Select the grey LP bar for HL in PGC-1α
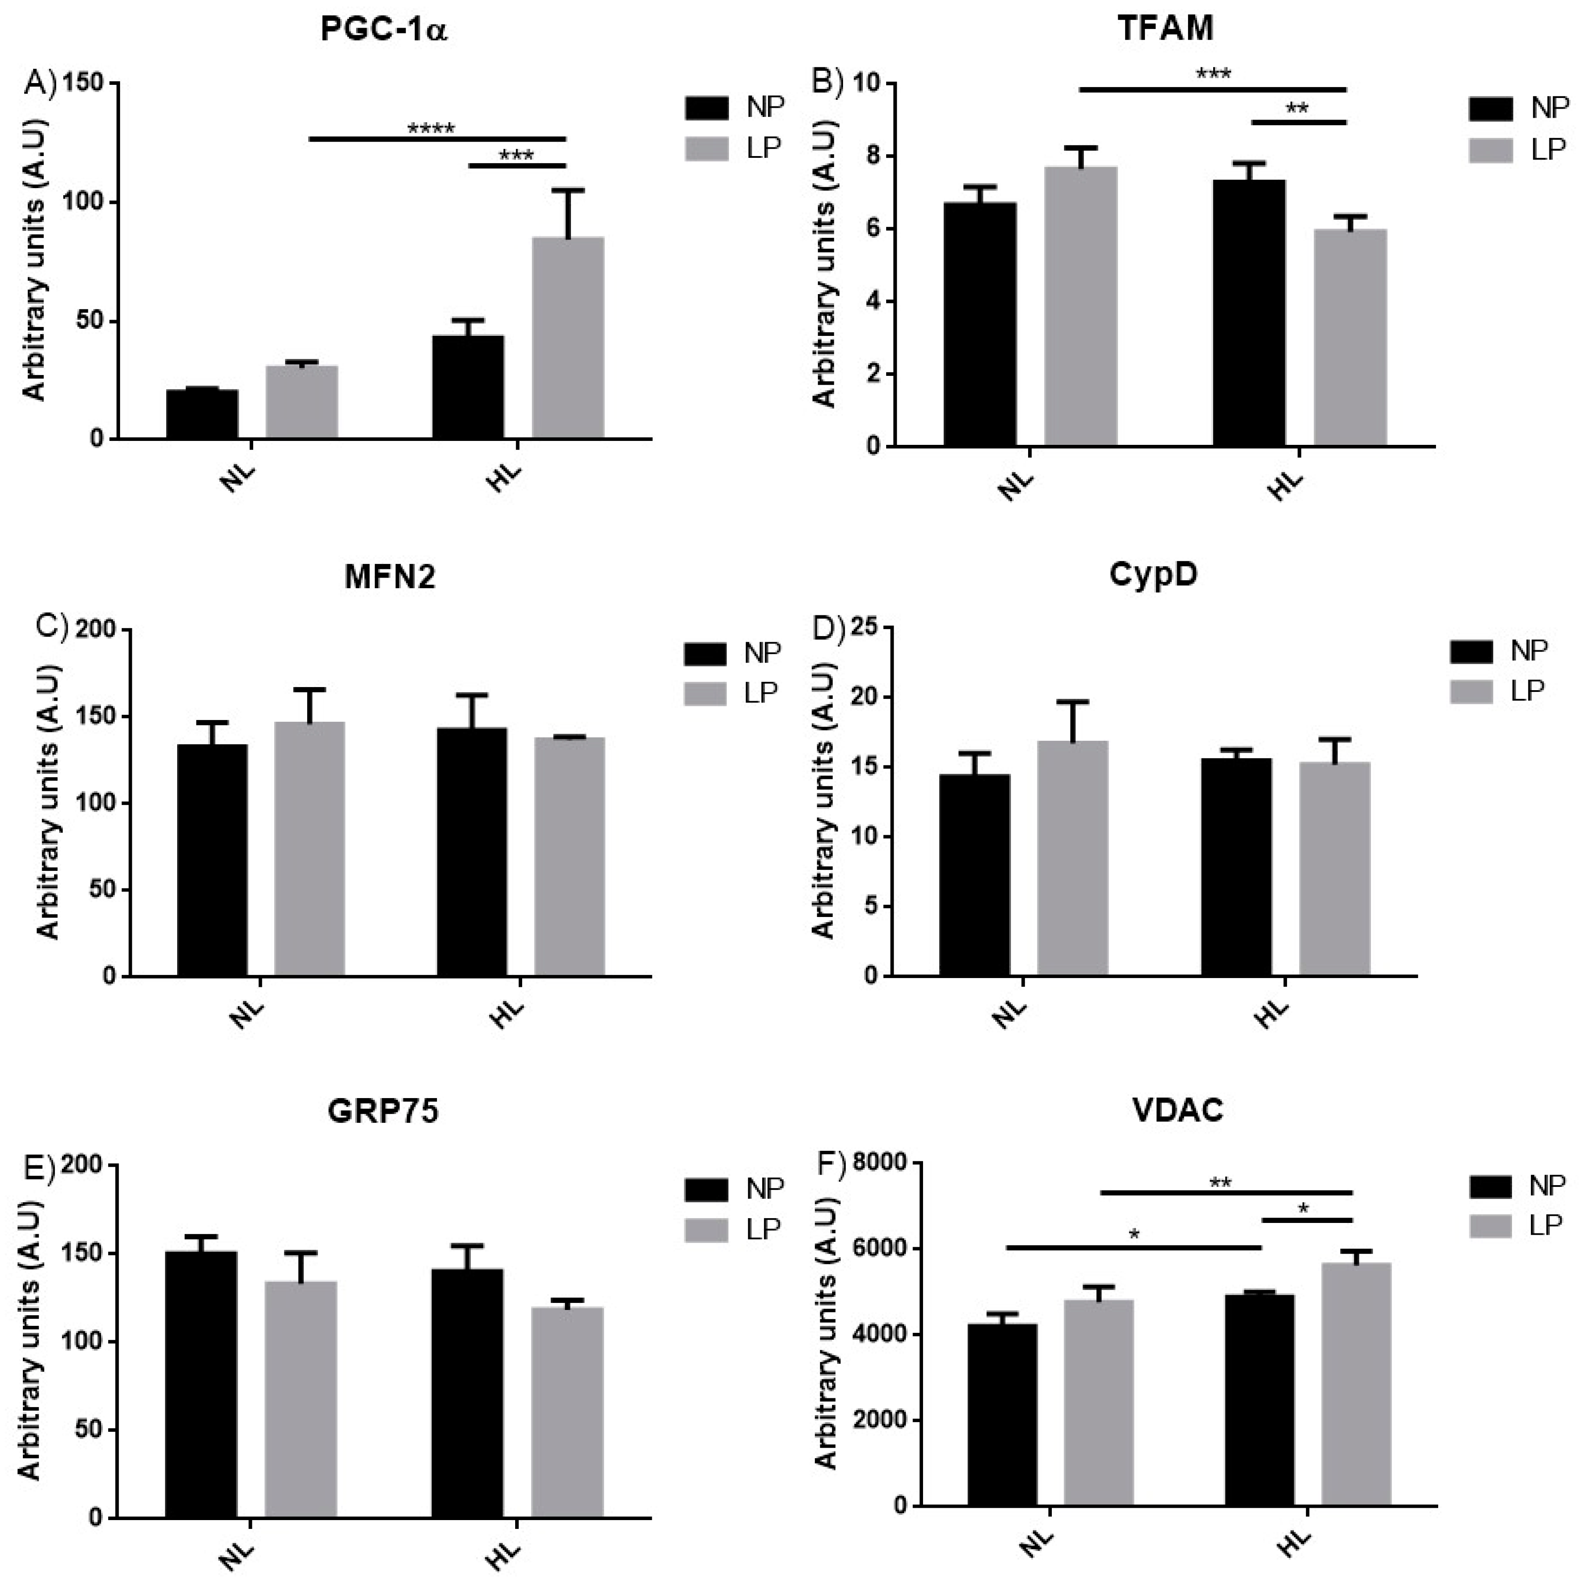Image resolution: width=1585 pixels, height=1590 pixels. pyautogui.click(x=568, y=338)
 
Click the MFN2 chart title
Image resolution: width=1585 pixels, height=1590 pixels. pyautogui.click(x=389, y=578)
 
